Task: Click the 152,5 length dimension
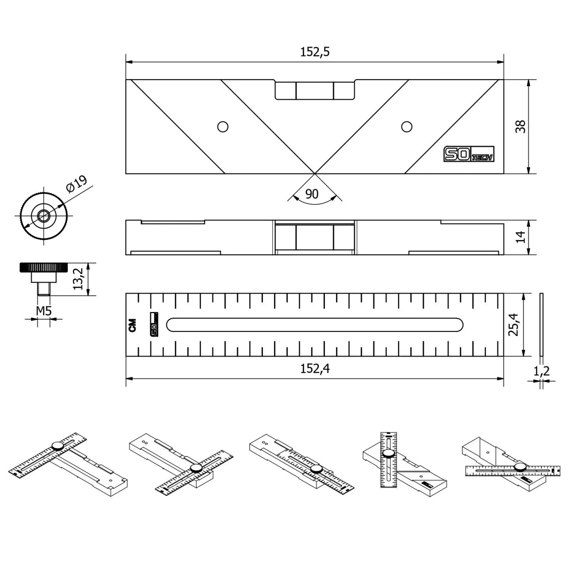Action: click(x=315, y=52)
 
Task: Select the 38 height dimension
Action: click(x=520, y=126)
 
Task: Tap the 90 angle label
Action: click(x=312, y=194)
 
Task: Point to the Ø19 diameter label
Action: click(x=76, y=184)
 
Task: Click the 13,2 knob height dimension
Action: click(x=78, y=279)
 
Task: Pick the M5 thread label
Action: click(x=44, y=311)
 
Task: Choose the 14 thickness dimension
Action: click(x=521, y=237)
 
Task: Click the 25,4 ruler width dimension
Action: click(x=514, y=325)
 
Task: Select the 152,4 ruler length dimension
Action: click(x=315, y=368)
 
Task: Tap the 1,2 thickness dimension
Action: click(x=541, y=370)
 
